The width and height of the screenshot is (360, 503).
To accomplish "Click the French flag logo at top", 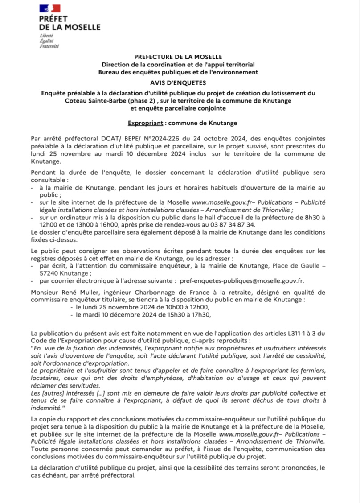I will [x=49, y=8].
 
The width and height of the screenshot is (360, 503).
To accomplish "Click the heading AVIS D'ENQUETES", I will [x=180, y=82].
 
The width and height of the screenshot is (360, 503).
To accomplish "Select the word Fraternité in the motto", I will [x=49, y=45].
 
